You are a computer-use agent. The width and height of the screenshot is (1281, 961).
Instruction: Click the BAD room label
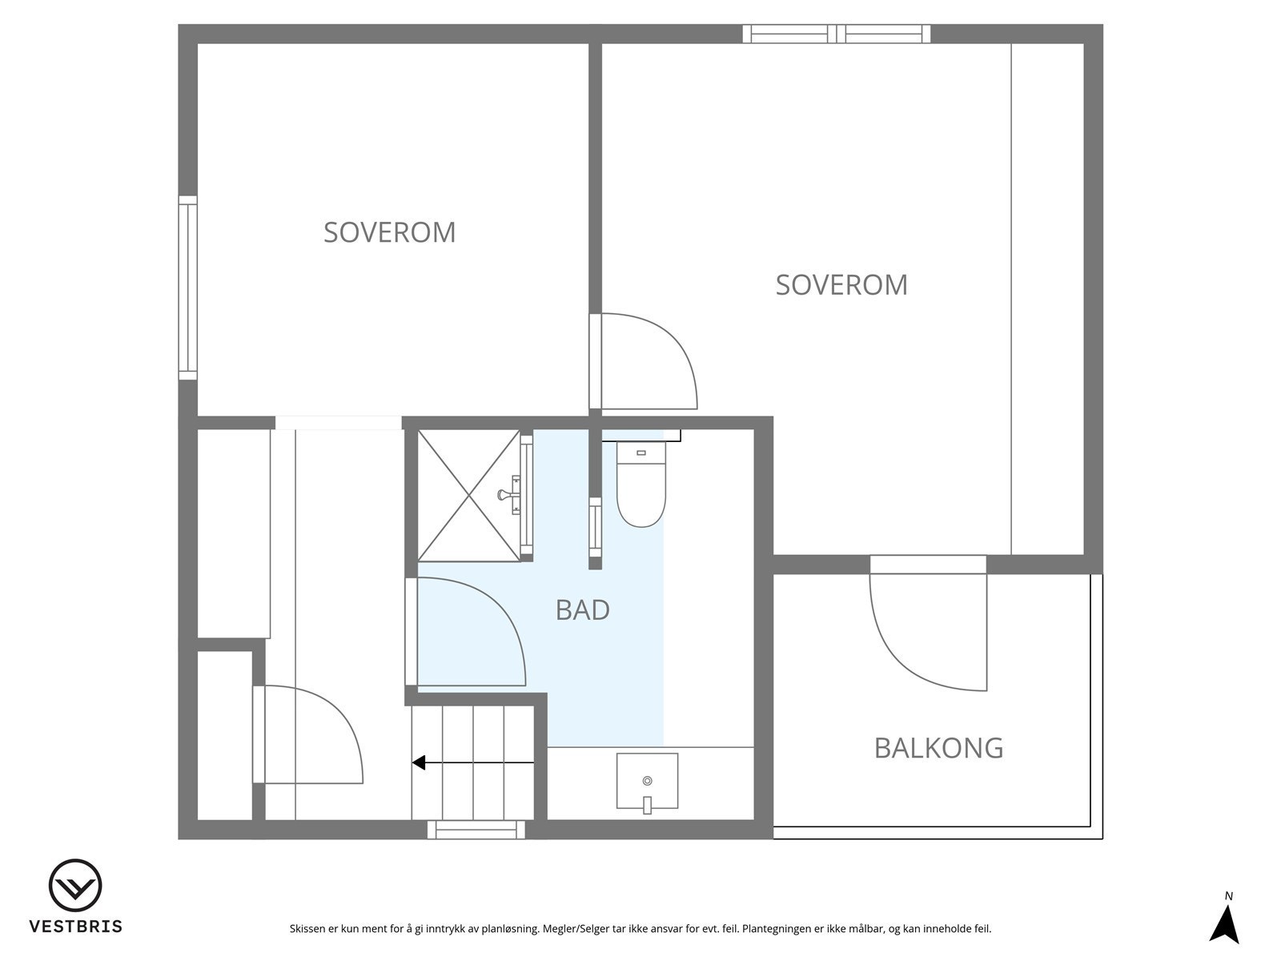coord(582,610)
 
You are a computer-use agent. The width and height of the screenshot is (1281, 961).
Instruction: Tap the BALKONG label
coord(938,748)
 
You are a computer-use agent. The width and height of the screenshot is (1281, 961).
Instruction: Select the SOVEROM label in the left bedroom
coord(389,232)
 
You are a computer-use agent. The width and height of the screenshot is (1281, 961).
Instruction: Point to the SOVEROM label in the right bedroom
coord(841,285)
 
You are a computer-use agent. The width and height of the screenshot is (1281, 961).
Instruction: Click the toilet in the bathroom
coord(640,488)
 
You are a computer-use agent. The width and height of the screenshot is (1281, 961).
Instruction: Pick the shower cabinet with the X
coord(469,495)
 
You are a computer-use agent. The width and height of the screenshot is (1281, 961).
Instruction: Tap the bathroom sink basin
coord(647,780)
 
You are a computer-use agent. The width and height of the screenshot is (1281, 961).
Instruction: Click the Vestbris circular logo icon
coord(75,886)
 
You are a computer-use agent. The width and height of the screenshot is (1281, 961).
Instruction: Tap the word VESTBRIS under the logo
coord(75,927)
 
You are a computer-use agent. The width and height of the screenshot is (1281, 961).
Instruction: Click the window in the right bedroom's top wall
coord(836,34)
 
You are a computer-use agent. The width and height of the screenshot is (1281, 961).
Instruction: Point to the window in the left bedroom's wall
coord(187,288)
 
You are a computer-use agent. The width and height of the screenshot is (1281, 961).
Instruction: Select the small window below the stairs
coord(476,830)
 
